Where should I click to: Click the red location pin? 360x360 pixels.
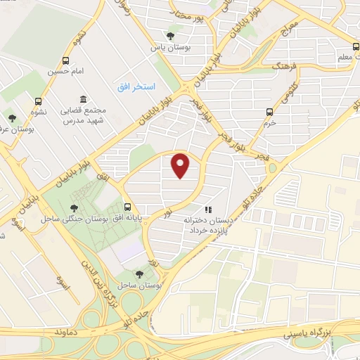click(181, 165)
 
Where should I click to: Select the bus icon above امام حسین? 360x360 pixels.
click(66, 60)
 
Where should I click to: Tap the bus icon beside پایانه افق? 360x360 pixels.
click(127, 207)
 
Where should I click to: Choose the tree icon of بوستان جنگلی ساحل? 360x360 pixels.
click(74, 207)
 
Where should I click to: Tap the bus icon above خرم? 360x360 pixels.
click(269, 111)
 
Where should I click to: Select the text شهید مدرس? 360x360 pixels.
click(78, 122)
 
